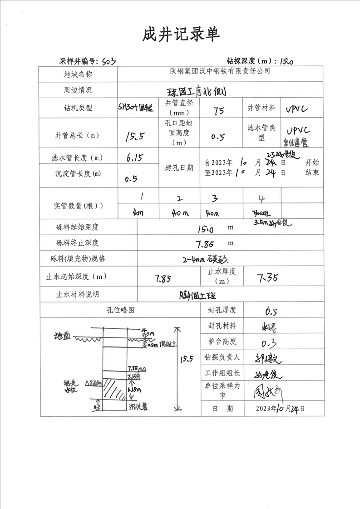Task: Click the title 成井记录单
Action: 181,34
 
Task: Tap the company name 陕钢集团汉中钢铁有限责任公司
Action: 220,72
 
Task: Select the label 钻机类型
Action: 78,108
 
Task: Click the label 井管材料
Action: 261,108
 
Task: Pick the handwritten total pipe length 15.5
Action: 135,135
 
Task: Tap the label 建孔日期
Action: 179,168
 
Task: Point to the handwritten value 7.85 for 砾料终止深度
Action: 205,244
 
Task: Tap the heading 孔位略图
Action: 120,310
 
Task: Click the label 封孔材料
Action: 222,326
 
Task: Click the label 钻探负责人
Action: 222,357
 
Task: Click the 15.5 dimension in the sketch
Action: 187,359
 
